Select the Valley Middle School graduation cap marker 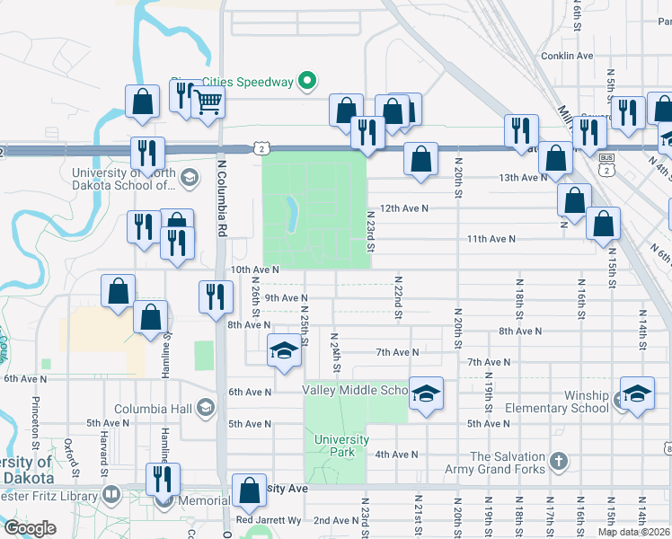click(426, 393)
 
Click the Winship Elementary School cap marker click(637, 394)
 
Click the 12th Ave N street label click(403, 208)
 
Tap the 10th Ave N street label click(255, 269)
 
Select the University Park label click(341, 446)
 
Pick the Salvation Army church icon click(558, 462)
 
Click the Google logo click(30, 527)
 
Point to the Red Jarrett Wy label click(268, 520)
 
